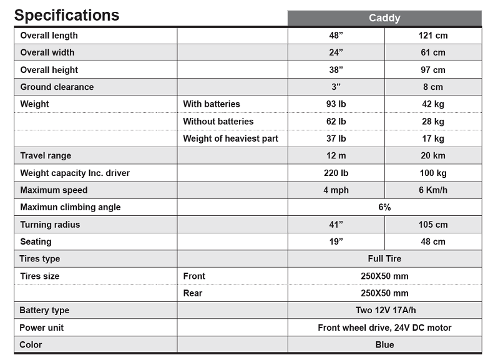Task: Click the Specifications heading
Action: pos(67,15)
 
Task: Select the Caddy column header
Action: pos(384,18)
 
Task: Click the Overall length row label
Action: pos(49,36)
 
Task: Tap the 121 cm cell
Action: pos(433,36)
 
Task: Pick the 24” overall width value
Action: pos(336,52)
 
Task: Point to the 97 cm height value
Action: pos(433,70)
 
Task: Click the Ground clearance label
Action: pos(57,87)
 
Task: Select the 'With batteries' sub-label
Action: pos(212,104)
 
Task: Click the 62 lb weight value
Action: pos(336,121)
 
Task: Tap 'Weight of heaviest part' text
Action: pos(230,139)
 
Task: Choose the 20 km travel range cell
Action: pos(433,155)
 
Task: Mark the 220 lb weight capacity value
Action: pos(336,173)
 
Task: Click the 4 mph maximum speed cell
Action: pos(336,190)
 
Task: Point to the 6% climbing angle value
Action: pos(384,207)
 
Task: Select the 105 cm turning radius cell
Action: pos(433,225)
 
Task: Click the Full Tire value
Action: pos(384,259)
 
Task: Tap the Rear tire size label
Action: pos(192,293)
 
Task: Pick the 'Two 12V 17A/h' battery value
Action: pos(384,310)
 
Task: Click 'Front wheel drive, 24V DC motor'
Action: pos(384,328)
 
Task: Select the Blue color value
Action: pos(384,344)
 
